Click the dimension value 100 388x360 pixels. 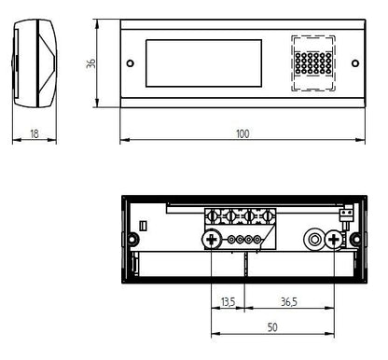click(x=242, y=134)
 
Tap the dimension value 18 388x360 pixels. click(x=35, y=134)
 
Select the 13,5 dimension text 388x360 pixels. click(x=228, y=301)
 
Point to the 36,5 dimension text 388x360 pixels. click(x=289, y=301)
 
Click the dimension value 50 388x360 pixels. click(x=272, y=327)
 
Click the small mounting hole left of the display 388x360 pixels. click(x=132, y=63)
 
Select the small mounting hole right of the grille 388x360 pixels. click(x=354, y=63)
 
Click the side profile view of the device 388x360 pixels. click(x=35, y=63)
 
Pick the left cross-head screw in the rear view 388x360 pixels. click(x=212, y=242)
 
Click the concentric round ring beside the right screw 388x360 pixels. click(x=317, y=242)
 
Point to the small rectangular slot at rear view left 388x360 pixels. click(x=143, y=225)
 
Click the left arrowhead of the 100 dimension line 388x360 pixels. click(x=123, y=142)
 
